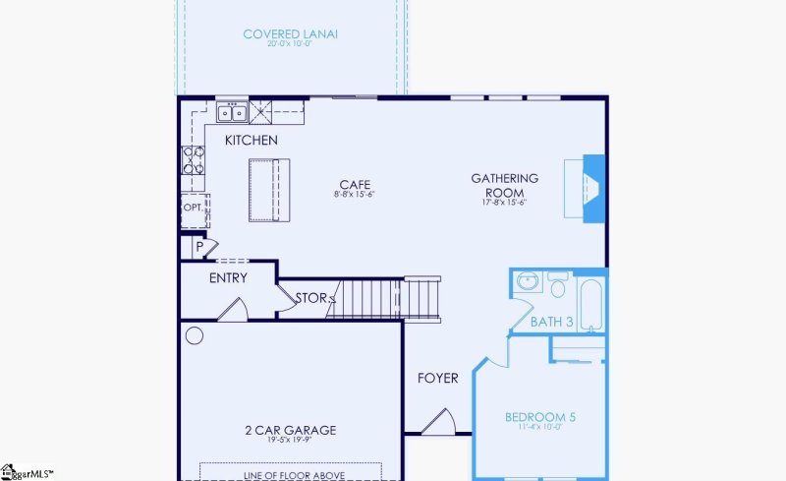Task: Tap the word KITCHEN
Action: pyautogui.click(x=252, y=141)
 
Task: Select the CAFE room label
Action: pyautogui.click(x=355, y=184)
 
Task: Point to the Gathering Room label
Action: pyautogui.click(x=505, y=185)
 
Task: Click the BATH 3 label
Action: pyautogui.click(x=551, y=322)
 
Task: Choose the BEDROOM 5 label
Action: pyautogui.click(x=539, y=418)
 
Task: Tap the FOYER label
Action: pyautogui.click(x=437, y=378)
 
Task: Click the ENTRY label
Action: pyautogui.click(x=228, y=278)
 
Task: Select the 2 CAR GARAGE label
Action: pyautogui.click(x=290, y=430)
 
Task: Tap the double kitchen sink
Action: pyautogui.click(x=233, y=111)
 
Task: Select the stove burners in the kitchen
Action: pyautogui.click(x=193, y=160)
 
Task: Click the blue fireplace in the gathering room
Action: pyautogui.click(x=593, y=188)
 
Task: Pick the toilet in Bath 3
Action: pyautogui.click(x=558, y=286)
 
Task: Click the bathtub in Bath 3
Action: pyautogui.click(x=591, y=306)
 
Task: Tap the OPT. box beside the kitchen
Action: pyautogui.click(x=193, y=209)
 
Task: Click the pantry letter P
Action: pyautogui.click(x=198, y=247)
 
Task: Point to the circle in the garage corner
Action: pyautogui.click(x=195, y=336)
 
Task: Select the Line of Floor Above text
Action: pyautogui.click(x=292, y=476)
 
